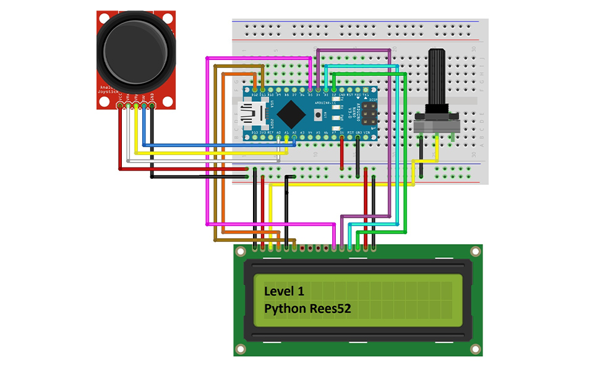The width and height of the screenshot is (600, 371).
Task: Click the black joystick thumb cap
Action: tap(136, 51)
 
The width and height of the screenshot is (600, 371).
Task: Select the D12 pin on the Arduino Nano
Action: tap(254, 90)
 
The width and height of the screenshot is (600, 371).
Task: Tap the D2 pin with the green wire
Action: tap(333, 90)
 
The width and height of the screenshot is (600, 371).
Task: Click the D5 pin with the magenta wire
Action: tap(310, 90)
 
